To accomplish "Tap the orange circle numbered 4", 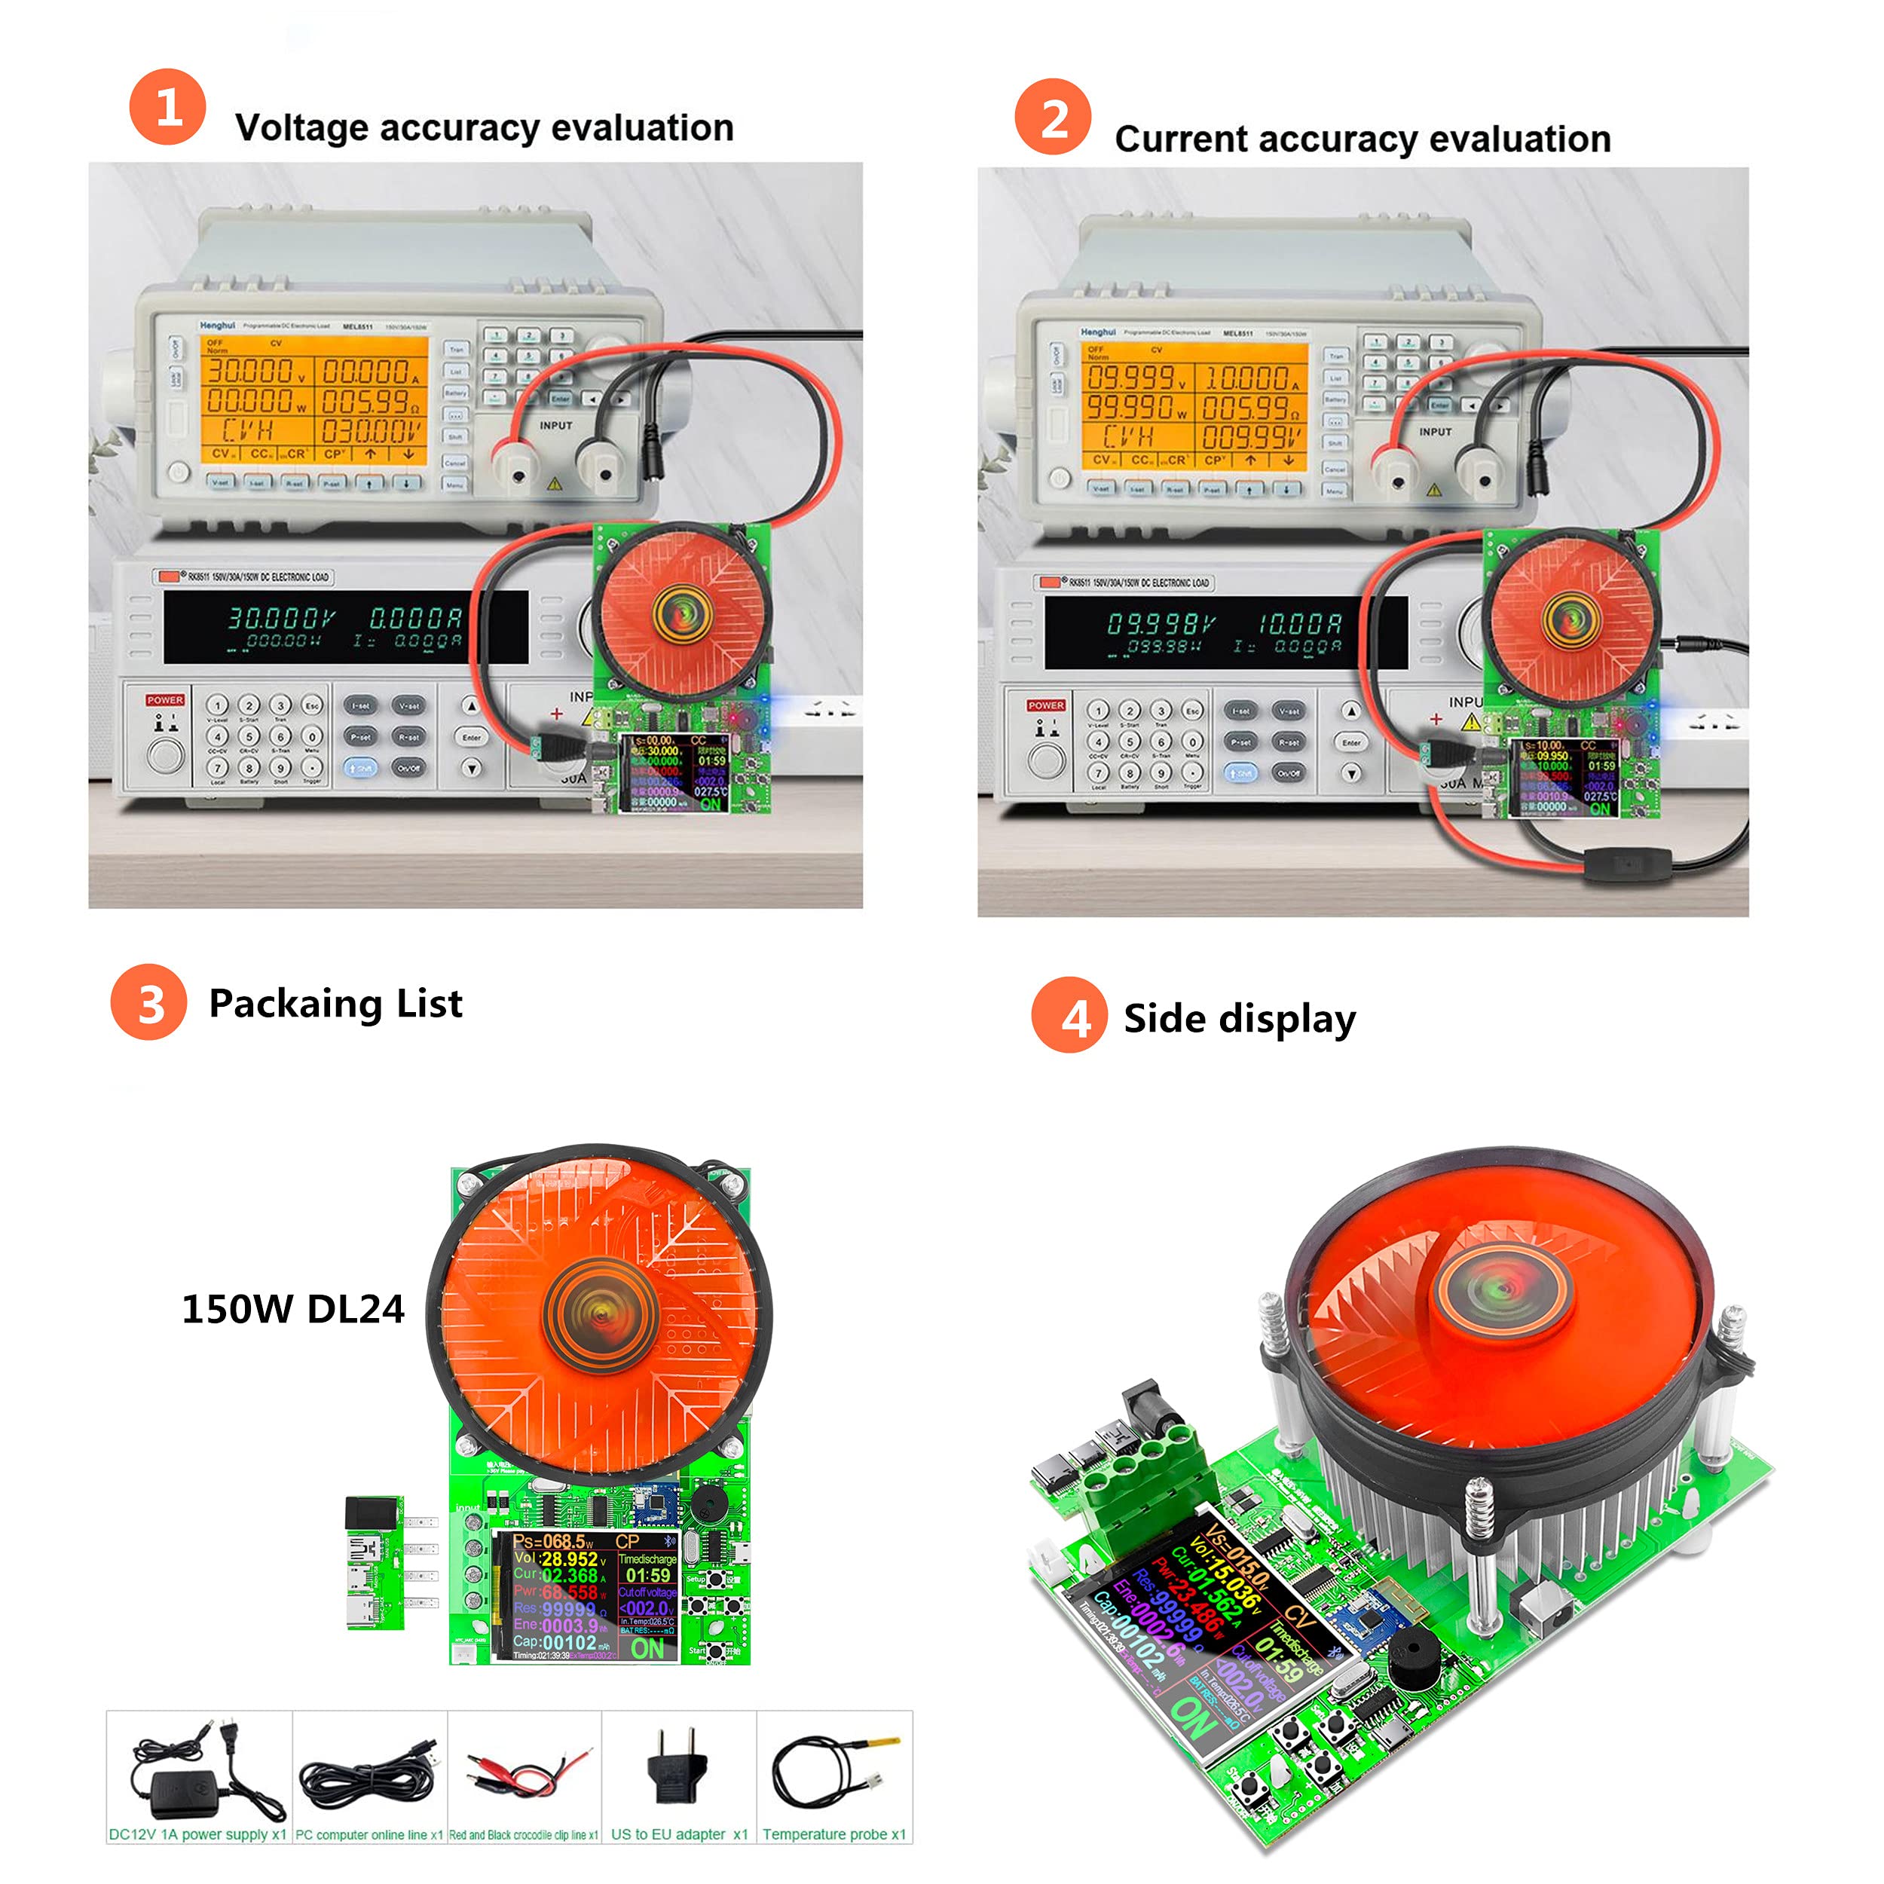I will click(1069, 1015).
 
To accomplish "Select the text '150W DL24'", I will click(292, 1309).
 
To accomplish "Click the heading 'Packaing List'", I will click(335, 1004).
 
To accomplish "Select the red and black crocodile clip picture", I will click(525, 1770).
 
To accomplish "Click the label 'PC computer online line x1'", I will click(369, 1834).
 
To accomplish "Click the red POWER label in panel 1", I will click(165, 699).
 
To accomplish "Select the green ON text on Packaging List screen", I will click(647, 1648).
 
